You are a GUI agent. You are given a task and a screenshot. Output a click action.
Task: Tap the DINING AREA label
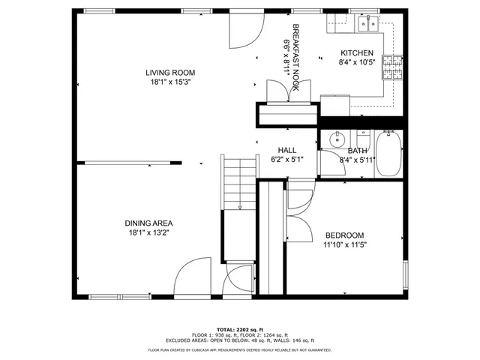click(x=148, y=223)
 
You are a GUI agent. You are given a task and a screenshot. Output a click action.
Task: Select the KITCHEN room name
click(x=356, y=52)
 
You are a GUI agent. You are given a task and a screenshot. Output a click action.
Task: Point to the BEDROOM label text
click(x=344, y=235)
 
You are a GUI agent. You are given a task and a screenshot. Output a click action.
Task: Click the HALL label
click(x=286, y=150)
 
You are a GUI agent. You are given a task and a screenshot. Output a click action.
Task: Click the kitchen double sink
click(x=367, y=25)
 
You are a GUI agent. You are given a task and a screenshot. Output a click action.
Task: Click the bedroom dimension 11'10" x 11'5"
click(x=345, y=244)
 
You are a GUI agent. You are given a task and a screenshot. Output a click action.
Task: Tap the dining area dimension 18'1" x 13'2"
click(x=148, y=233)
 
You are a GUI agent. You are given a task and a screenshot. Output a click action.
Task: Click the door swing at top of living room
click(x=244, y=28)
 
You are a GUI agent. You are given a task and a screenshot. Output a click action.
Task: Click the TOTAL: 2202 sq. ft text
click(x=239, y=330)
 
